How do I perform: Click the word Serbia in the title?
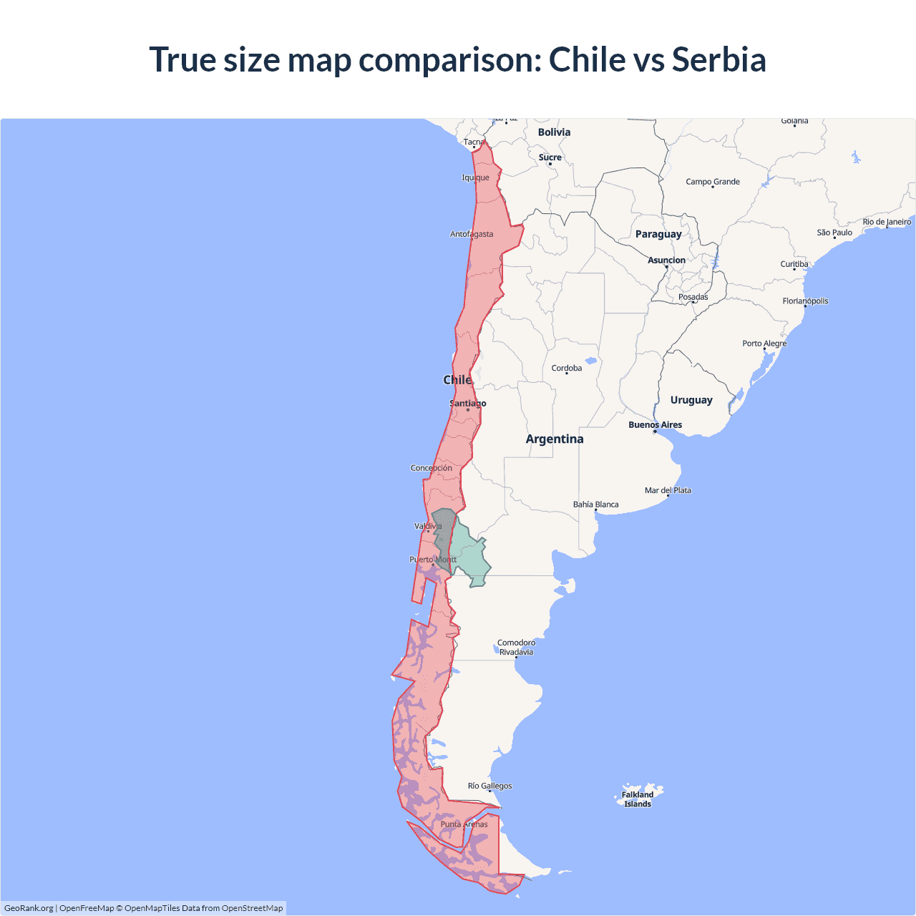point(718,59)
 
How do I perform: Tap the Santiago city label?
point(468,404)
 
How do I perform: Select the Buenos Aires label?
point(655,425)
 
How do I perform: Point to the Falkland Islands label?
point(638,799)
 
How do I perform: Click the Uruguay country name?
point(691,400)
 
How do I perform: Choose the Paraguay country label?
point(658,234)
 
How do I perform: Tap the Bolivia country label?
point(554,132)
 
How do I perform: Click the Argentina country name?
point(555,439)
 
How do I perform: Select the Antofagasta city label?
point(472,234)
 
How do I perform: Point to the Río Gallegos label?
point(489,786)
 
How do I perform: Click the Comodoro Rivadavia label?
point(516,647)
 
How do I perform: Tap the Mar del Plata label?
point(668,490)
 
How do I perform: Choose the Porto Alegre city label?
point(764,343)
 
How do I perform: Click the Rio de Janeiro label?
point(887,222)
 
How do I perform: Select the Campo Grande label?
point(713,182)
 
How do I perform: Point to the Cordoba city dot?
point(567,374)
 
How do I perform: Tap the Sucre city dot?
point(550,164)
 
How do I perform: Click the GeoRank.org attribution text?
point(29,908)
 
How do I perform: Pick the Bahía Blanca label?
point(595,505)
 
